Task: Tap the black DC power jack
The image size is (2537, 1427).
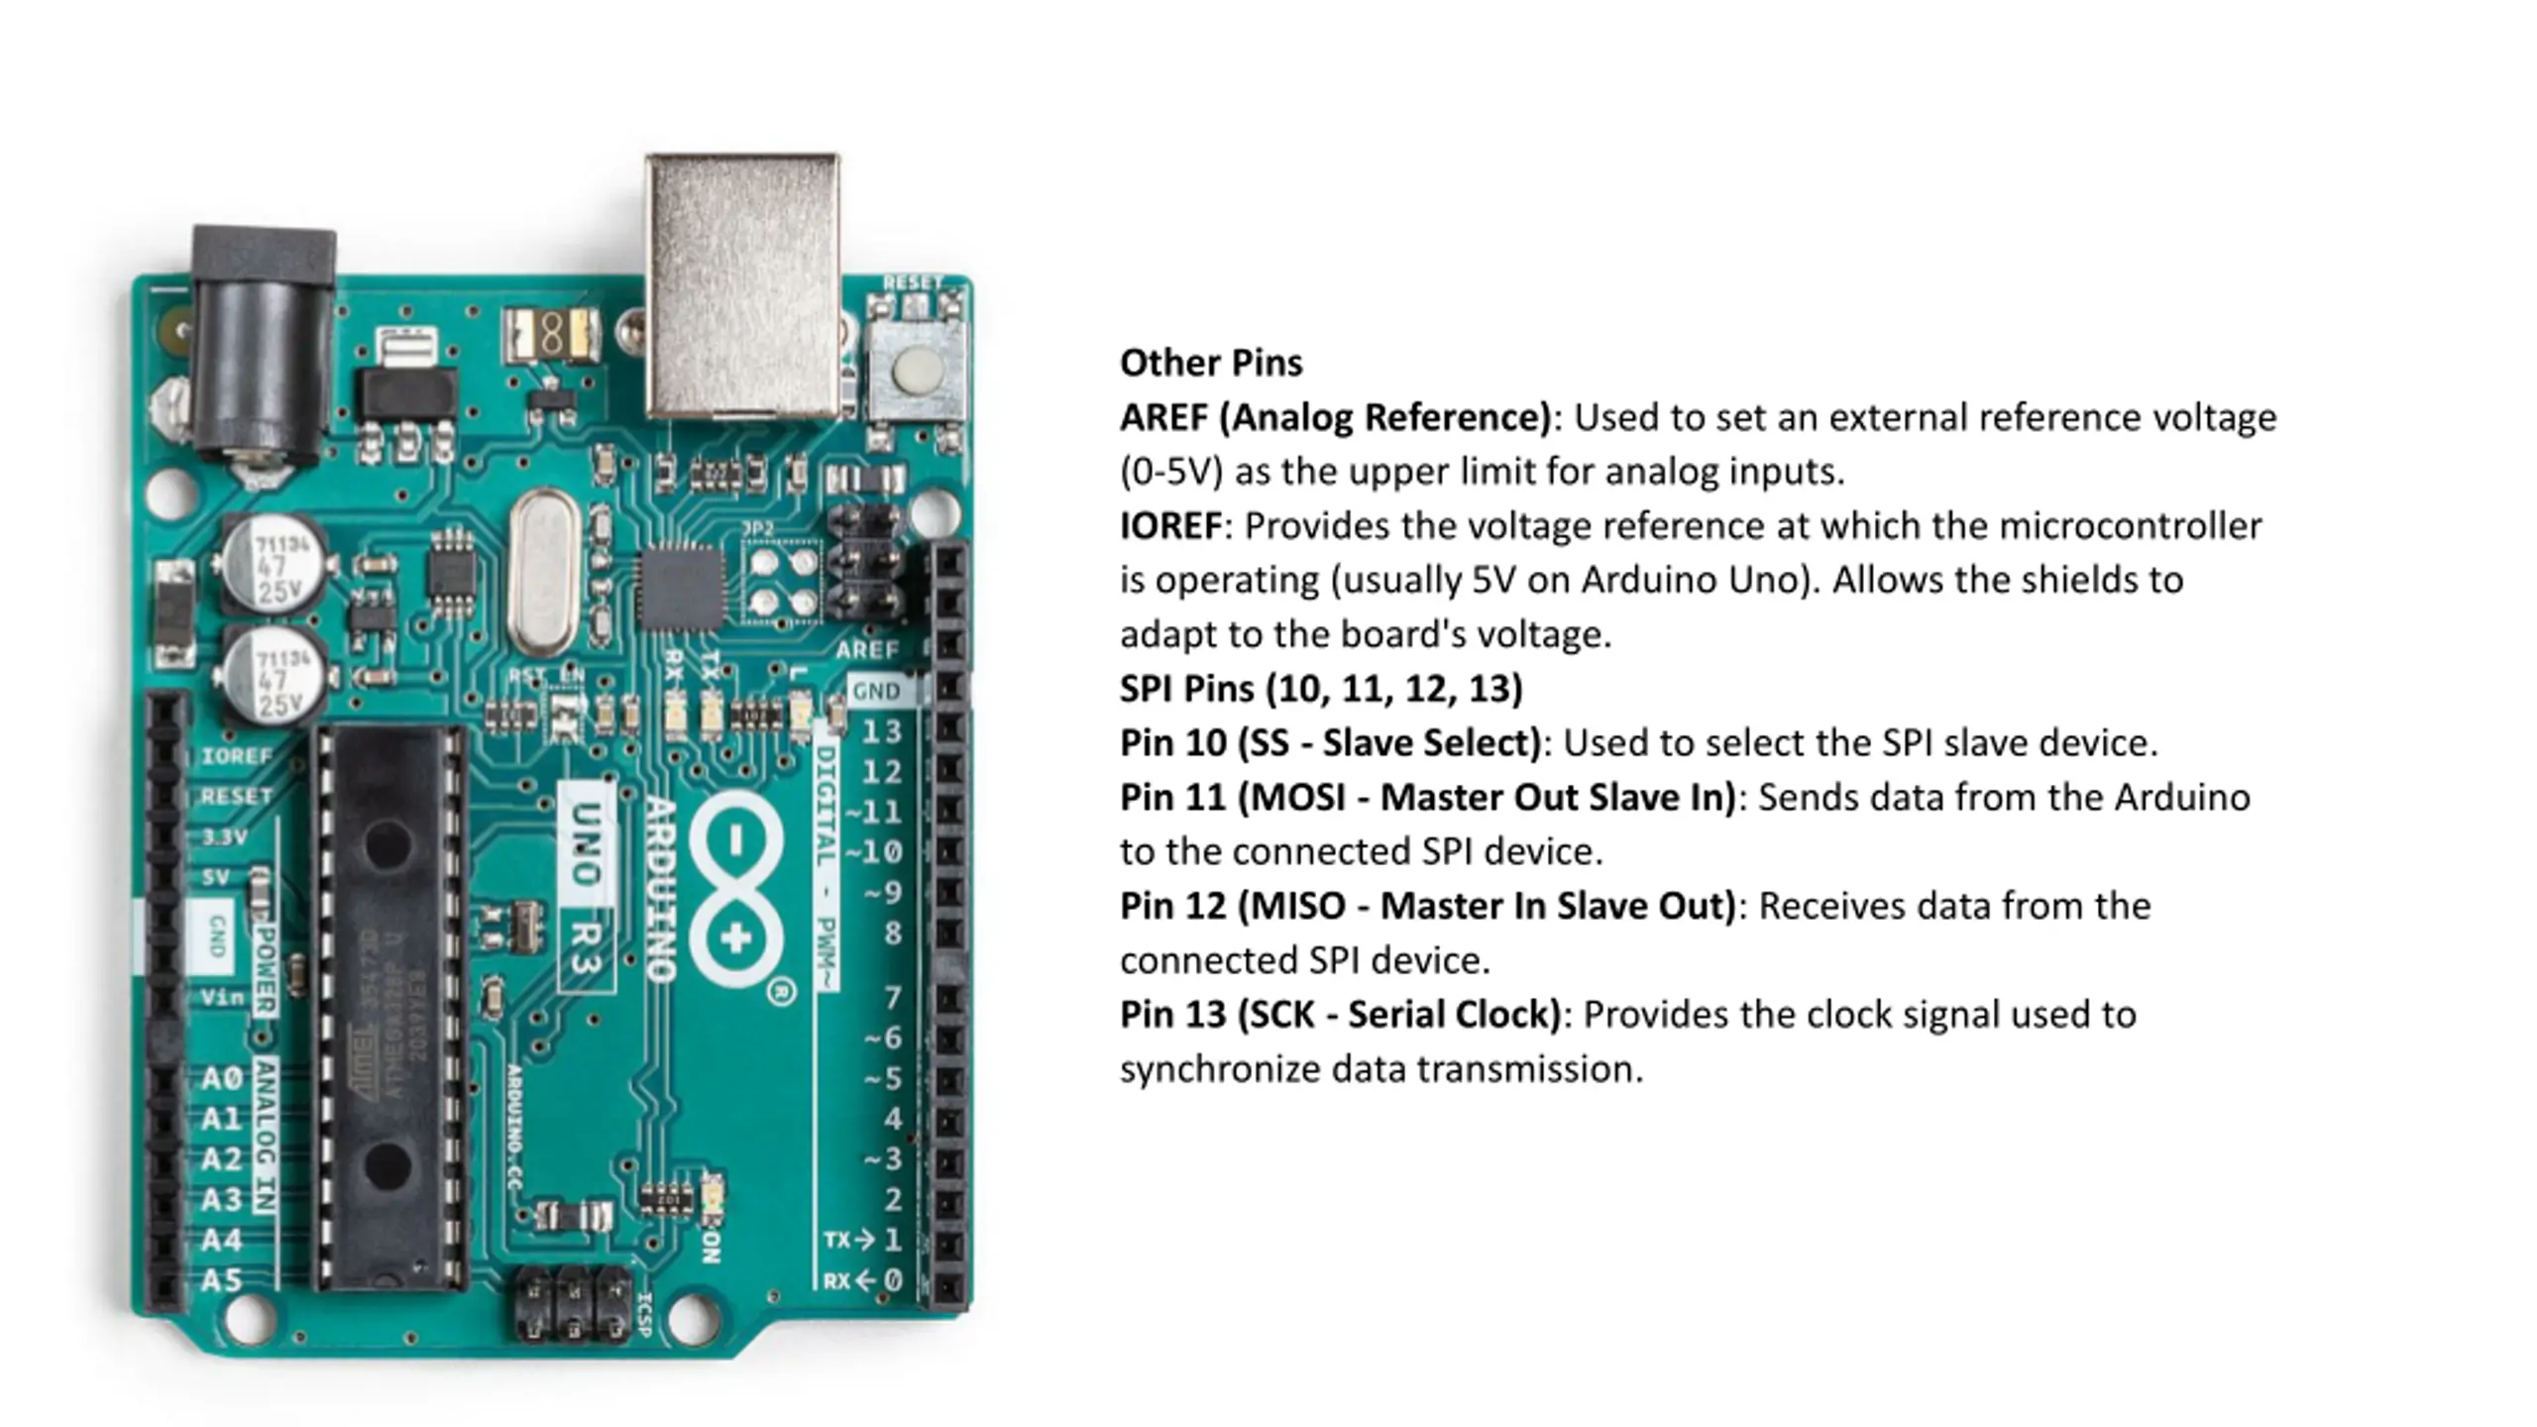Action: [x=262, y=347]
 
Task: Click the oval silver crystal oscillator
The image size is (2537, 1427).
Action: [x=543, y=573]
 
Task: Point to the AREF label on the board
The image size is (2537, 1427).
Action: [x=866, y=650]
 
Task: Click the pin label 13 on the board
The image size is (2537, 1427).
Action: [x=881, y=731]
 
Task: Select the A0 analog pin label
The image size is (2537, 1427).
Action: [x=222, y=1078]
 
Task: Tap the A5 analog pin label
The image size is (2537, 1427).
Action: [x=222, y=1280]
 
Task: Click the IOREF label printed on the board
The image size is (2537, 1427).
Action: [x=237, y=756]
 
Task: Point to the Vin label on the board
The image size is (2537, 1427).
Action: [x=222, y=997]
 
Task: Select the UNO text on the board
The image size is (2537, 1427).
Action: [x=587, y=844]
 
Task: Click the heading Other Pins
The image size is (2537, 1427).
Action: [x=1211, y=363]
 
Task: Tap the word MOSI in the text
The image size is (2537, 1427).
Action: [x=1298, y=798]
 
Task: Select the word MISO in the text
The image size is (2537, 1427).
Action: [x=1298, y=906]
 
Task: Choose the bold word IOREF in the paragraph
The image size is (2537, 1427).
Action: [x=1170, y=526]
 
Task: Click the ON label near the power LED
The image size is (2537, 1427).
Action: [x=710, y=1247]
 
